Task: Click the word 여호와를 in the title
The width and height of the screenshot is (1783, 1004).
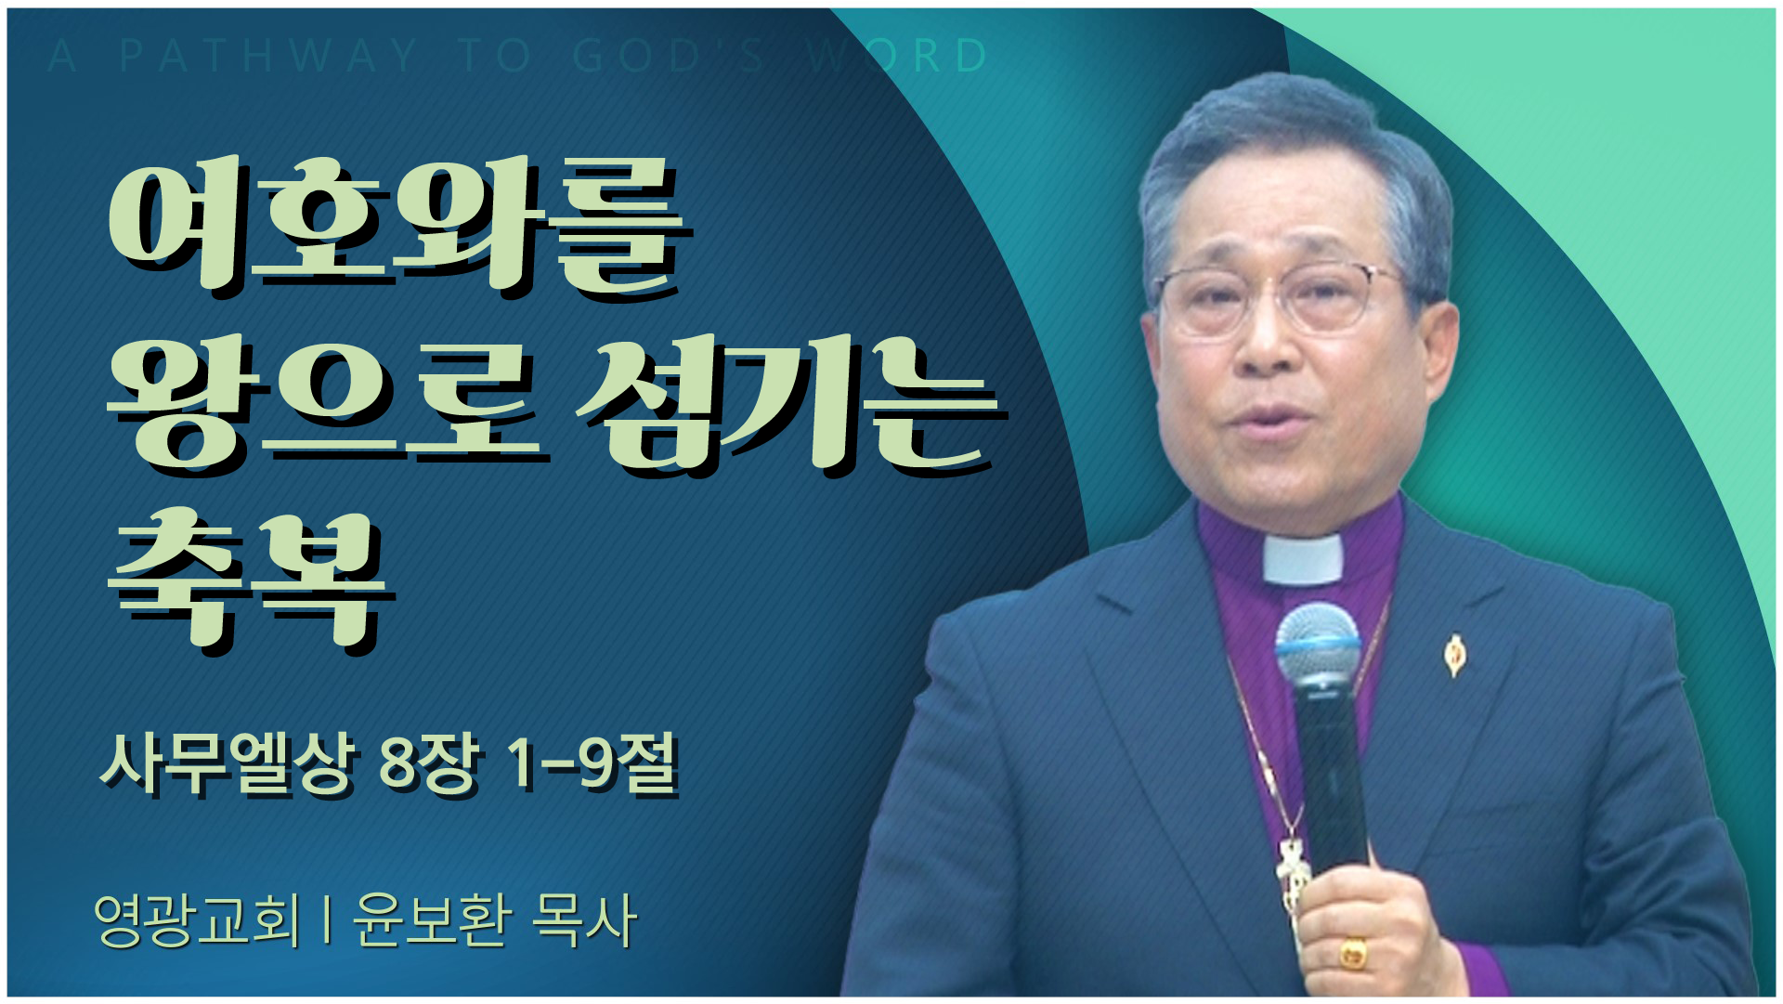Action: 399,228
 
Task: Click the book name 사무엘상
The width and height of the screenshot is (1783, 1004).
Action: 228,763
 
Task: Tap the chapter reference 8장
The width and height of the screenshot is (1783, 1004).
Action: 429,763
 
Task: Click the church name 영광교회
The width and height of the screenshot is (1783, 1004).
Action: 198,919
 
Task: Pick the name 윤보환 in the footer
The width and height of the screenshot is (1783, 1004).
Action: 432,919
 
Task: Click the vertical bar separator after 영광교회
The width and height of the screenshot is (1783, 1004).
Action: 327,919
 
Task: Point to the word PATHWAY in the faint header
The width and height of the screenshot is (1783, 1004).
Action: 269,56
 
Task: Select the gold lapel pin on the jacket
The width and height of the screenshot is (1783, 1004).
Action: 1455,655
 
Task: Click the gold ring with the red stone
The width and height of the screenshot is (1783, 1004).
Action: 1353,953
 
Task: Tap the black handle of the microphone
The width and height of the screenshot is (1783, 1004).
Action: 1331,780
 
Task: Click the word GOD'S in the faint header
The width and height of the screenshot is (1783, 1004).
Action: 669,56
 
